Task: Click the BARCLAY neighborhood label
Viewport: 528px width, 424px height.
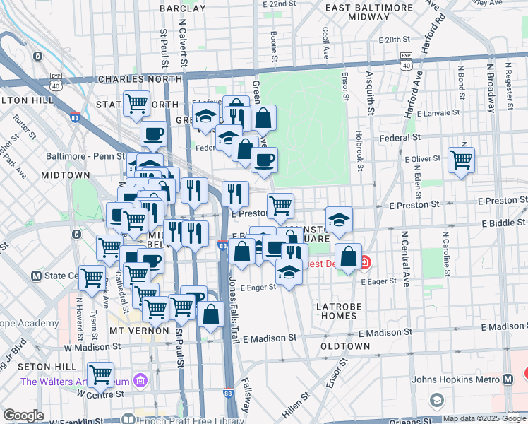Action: [183, 8]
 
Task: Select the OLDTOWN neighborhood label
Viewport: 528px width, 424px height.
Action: [345, 346]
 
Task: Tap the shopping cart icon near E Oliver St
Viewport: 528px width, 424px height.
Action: [461, 160]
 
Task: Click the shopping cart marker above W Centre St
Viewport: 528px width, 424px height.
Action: [101, 373]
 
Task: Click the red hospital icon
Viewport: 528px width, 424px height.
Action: [365, 264]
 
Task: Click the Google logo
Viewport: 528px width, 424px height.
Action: [23, 416]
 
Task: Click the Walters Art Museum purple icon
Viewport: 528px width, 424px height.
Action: [140, 382]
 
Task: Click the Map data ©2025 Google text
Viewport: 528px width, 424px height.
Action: [484, 418]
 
